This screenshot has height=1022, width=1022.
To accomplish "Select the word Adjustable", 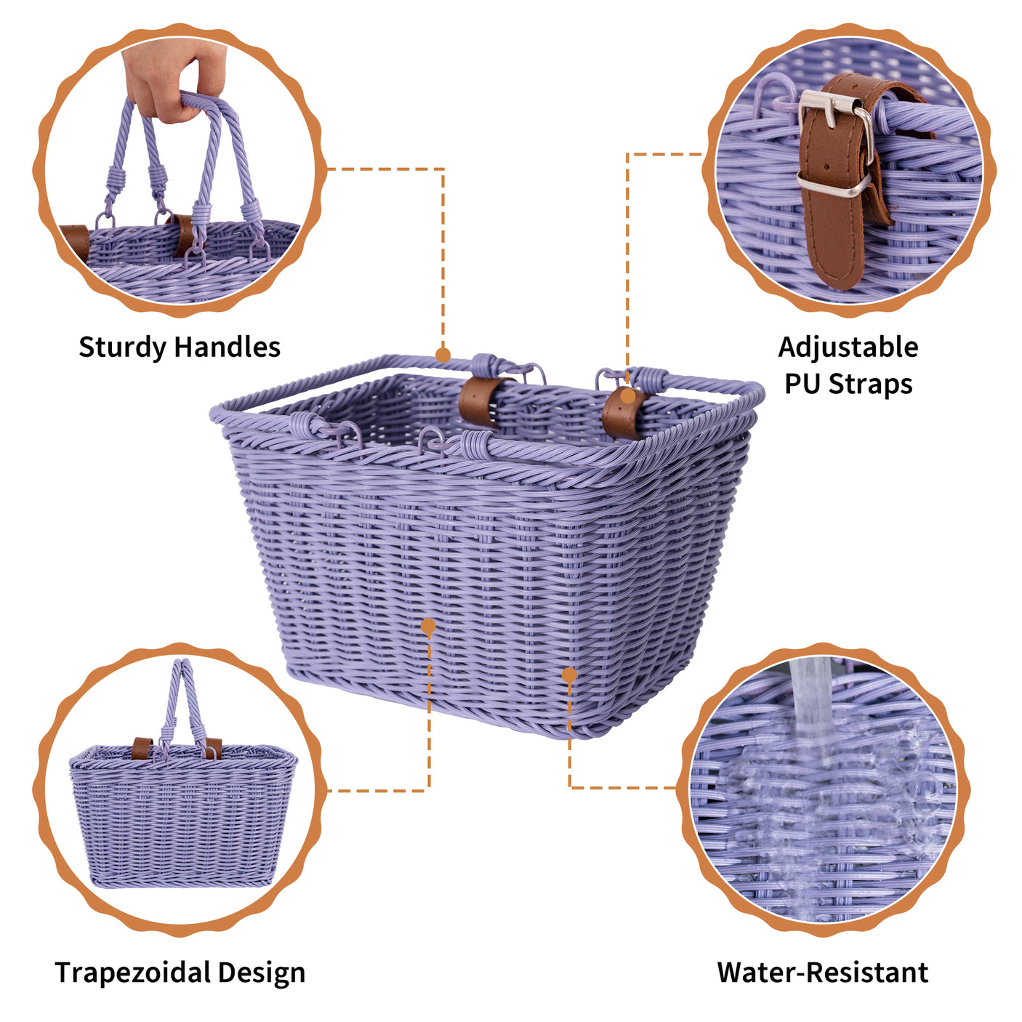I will tap(848, 347).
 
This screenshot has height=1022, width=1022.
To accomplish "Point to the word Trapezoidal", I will tap(132, 972).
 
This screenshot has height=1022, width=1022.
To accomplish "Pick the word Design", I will tap(261, 972).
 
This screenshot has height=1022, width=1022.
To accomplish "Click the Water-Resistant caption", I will tap(822, 972).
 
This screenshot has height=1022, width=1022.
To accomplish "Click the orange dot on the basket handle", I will tap(443, 355).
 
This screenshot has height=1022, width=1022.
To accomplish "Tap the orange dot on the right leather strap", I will tap(627, 397).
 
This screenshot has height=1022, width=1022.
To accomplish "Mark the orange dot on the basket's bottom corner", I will tap(569, 675).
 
